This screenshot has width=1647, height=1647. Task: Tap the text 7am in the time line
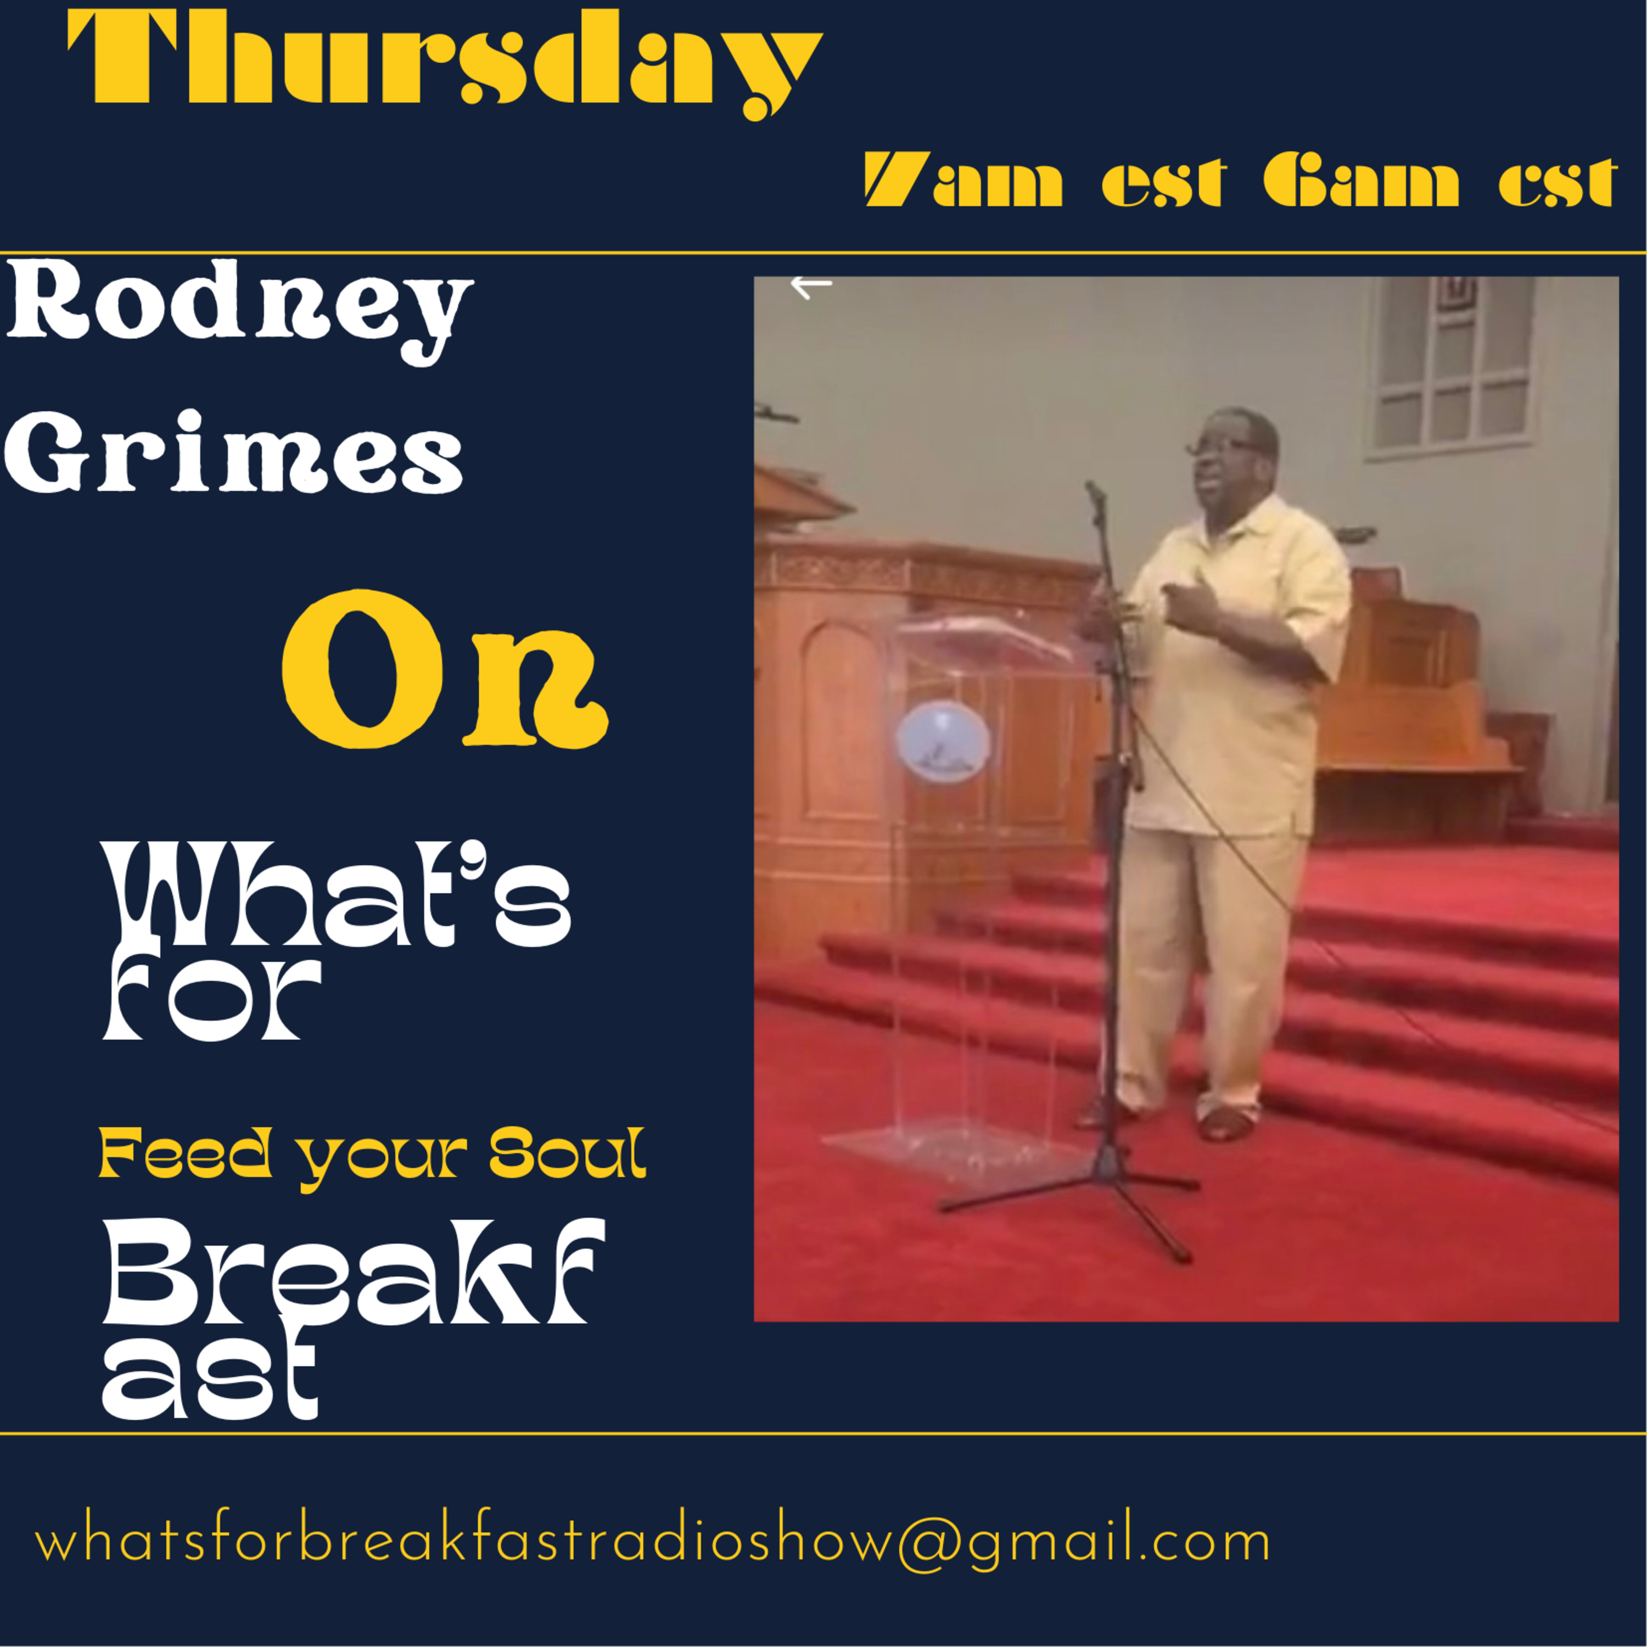click(963, 181)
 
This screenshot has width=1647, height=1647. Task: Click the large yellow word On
click(445, 670)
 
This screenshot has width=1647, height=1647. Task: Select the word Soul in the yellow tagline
click(568, 1154)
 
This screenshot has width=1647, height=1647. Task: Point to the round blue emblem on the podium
click(943, 740)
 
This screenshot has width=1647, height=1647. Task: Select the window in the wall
click(1451, 367)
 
